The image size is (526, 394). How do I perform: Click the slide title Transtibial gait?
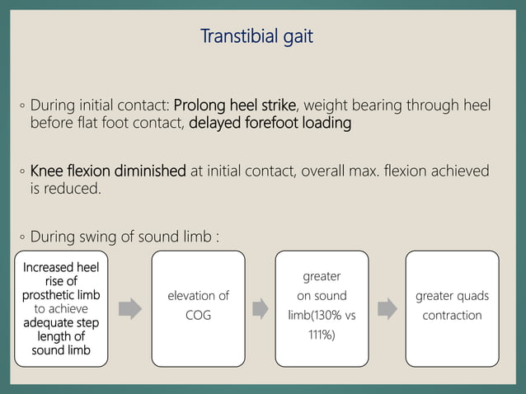coord(256,37)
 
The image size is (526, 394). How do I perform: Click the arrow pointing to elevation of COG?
coord(129,308)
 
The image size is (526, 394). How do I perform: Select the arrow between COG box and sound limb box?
coord(260,308)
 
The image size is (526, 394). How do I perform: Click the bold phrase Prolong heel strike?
coord(234,106)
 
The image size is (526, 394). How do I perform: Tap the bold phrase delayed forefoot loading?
coord(270,124)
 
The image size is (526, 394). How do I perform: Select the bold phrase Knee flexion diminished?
coord(108,171)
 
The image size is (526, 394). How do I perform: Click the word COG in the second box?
coord(198,316)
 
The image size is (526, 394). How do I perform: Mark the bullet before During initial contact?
coord(23,106)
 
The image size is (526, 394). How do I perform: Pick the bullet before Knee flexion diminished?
coord(23,172)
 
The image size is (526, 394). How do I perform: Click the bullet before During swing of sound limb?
coord(23,238)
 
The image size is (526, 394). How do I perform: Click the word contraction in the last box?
coord(452,316)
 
